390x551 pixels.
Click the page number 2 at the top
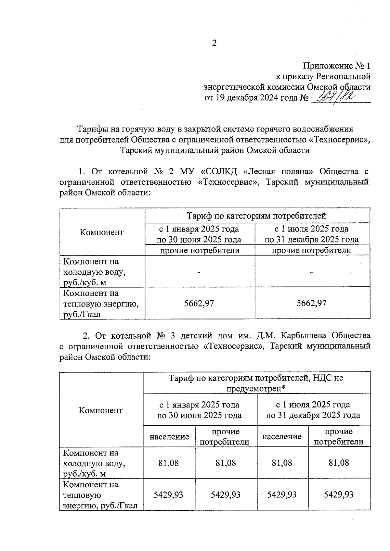tap(214, 43)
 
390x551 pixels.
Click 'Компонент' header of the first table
tap(102, 232)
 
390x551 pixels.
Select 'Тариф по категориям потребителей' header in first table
tap(256, 216)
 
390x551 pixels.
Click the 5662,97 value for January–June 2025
tap(199, 303)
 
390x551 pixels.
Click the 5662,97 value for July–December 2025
tap(312, 303)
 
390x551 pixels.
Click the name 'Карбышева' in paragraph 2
tap(302, 335)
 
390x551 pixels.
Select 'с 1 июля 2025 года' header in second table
tap(313, 405)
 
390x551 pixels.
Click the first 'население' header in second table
tap(169, 437)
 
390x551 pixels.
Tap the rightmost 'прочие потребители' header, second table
tap(339, 437)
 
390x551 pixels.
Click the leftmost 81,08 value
tap(169, 463)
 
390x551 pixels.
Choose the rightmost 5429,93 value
tap(339, 495)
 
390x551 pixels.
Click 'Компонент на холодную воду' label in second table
tap(94, 463)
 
